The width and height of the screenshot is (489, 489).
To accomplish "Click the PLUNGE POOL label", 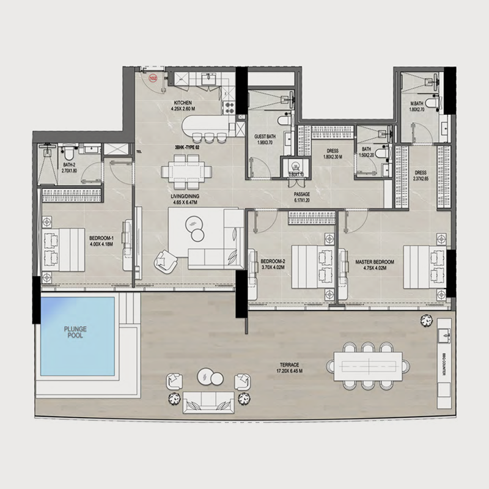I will tap(76, 333).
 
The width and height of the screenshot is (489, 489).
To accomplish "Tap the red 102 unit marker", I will tap(153, 78).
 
